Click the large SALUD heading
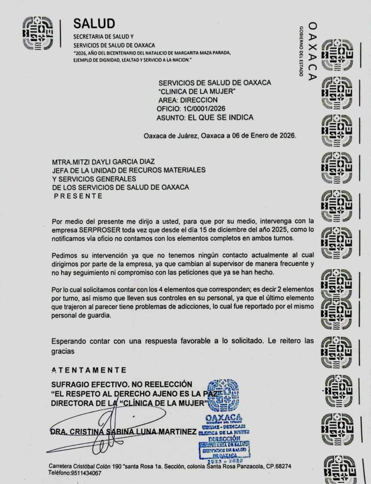click(94, 23)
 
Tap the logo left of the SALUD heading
click(38, 33)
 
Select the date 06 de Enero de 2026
click(262, 136)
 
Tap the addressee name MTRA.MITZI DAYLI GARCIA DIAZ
click(103, 162)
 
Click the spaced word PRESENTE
click(78, 196)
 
